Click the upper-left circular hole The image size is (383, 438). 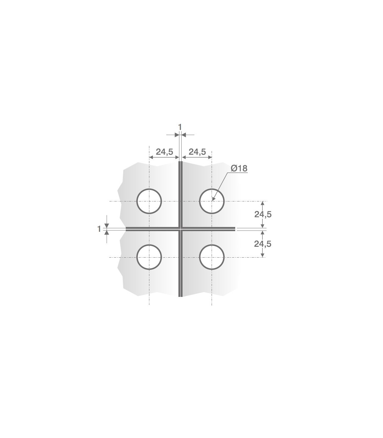click(x=137, y=201)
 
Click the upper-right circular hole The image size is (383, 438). click(x=199, y=201)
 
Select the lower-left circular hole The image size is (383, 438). click(x=137, y=257)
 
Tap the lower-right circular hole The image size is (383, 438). click(x=199, y=257)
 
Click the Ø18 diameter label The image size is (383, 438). click(x=239, y=169)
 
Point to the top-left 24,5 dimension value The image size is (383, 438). click(x=164, y=152)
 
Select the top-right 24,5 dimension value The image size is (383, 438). click(x=197, y=152)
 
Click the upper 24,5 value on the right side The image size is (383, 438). click(x=263, y=214)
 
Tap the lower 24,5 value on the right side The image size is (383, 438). click(x=263, y=244)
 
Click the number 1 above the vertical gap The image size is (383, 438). click(x=180, y=127)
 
